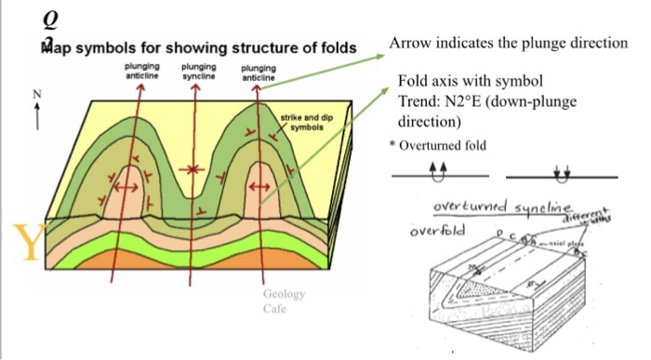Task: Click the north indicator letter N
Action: coord(37,93)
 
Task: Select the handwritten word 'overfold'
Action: coord(438,226)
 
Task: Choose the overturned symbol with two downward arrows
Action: coord(560,172)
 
